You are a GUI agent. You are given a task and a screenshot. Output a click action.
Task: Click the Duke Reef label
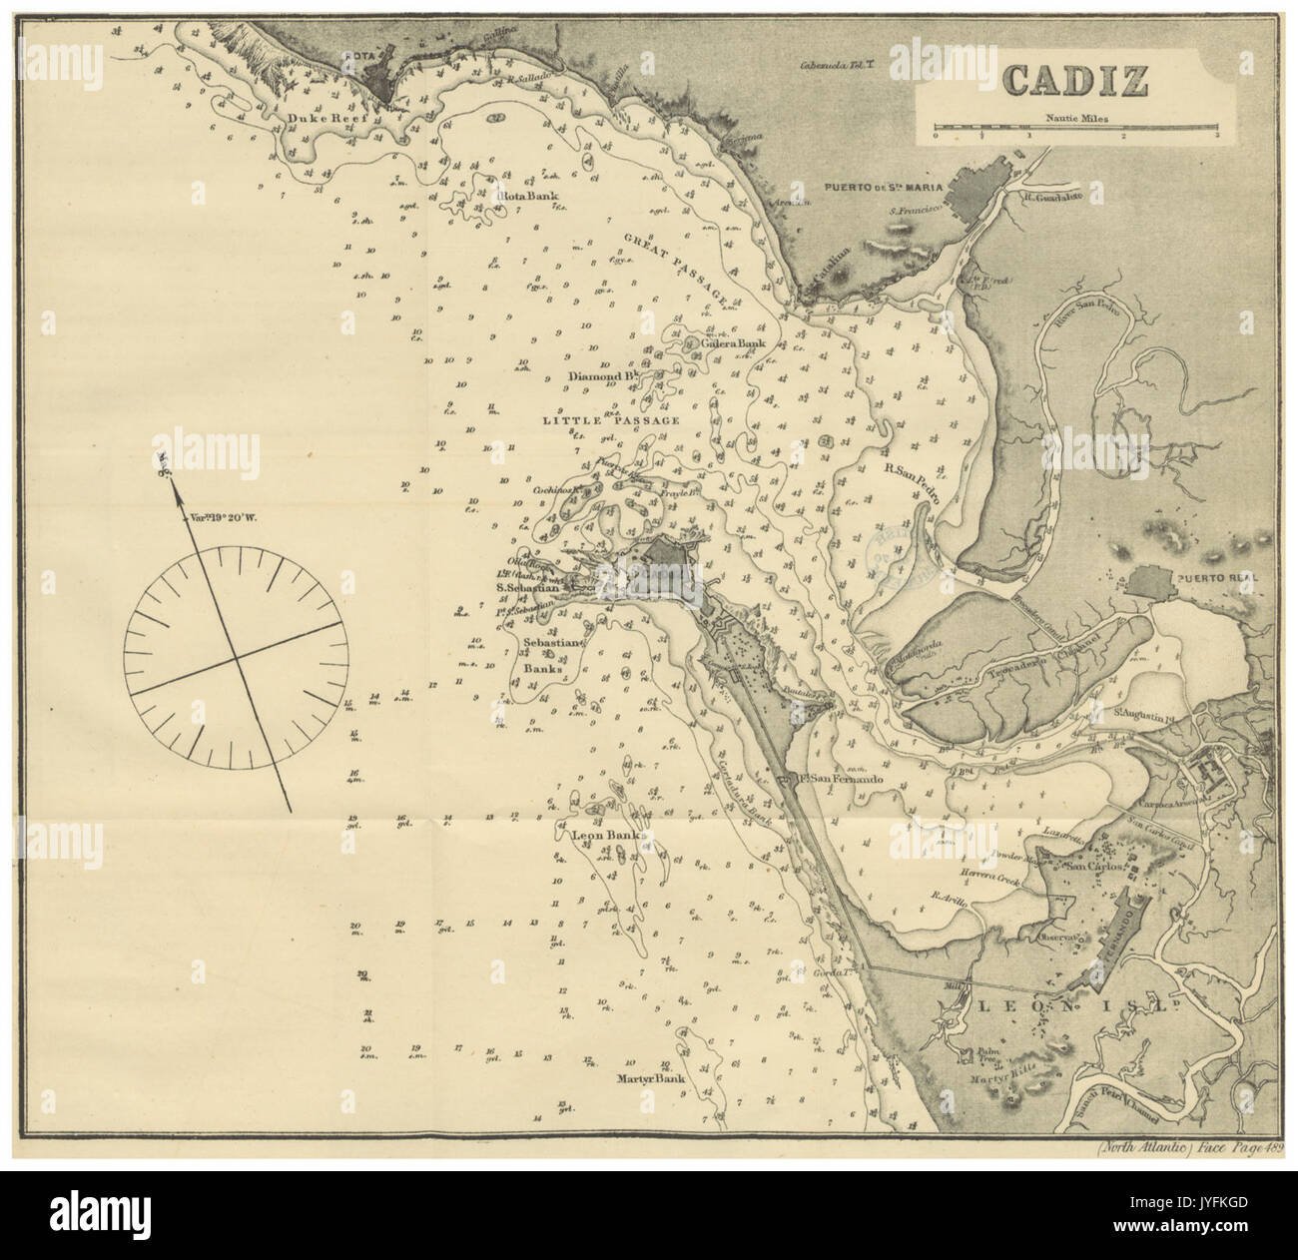323,119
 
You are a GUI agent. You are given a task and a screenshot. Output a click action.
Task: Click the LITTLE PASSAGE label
610,420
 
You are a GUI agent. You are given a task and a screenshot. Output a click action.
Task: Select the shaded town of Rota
382,73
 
